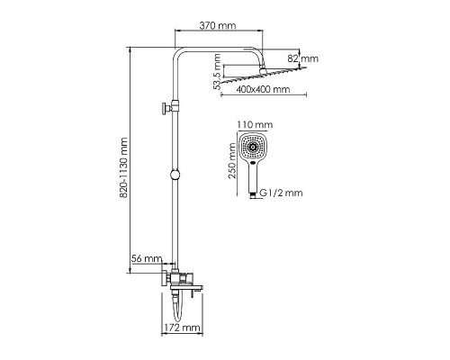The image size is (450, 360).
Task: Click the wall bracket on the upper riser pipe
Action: [x=165, y=110]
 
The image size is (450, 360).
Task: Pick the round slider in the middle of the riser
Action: [x=174, y=173]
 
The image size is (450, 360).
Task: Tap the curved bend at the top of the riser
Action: [x=178, y=51]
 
